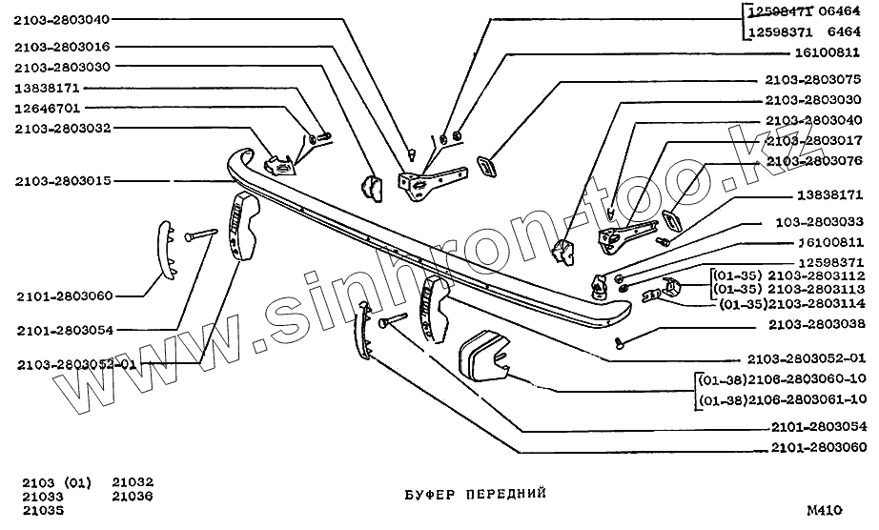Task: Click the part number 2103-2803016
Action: [x=62, y=45]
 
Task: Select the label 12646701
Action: [x=54, y=108]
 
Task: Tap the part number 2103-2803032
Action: [x=62, y=128]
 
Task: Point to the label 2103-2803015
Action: [x=62, y=180]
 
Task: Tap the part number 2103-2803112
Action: [x=816, y=275]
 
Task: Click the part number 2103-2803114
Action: [x=816, y=303]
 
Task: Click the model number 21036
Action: [x=133, y=496]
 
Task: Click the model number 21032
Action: [x=133, y=481]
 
